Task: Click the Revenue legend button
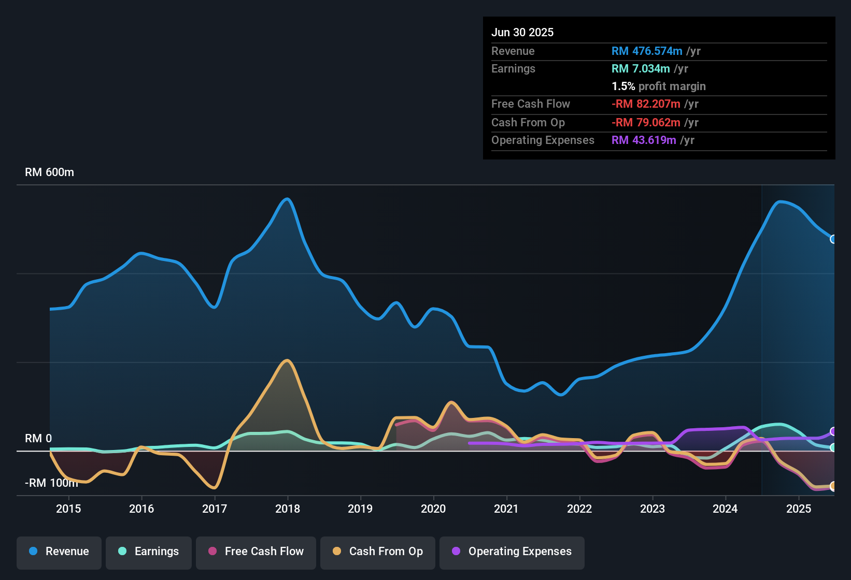click(59, 552)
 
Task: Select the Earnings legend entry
click(149, 552)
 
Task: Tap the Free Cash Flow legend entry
click(256, 552)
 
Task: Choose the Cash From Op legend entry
click(378, 552)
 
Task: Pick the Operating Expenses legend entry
click(512, 552)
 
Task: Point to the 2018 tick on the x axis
click(288, 509)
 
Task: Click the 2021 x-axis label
click(506, 509)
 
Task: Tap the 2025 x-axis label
click(799, 509)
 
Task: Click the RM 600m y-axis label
click(49, 172)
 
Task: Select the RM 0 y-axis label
click(38, 439)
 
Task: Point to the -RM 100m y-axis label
click(51, 483)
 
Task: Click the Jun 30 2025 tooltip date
click(522, 32)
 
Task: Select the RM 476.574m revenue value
click(647, 51)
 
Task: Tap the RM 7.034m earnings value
click(641, 68)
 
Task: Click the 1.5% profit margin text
click(659, 86)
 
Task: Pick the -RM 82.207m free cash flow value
click(646, 104)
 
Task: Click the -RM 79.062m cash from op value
click(646, 122)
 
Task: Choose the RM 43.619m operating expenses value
click(644, 140)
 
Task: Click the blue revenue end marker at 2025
click(833, 239)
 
